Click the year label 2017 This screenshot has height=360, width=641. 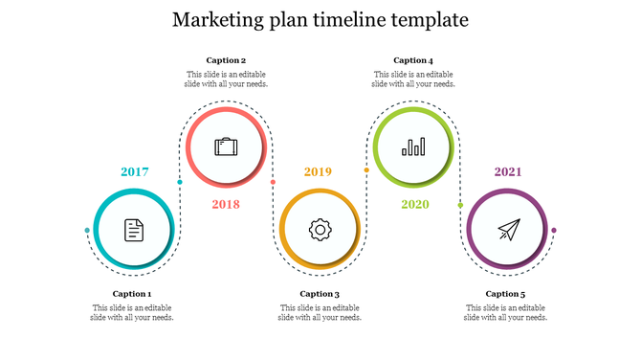coord(134,172)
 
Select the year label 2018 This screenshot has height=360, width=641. coord(226,204)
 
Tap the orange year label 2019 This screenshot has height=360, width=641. coord(318,172)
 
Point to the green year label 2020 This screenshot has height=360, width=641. coord(415,204)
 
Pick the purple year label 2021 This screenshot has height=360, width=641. coord(507,172)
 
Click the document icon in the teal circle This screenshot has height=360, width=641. coord(134,230)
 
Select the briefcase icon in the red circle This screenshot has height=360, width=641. coord(226,147)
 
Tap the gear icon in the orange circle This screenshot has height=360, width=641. coord(319,230)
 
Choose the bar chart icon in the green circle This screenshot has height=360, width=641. coord(413,146)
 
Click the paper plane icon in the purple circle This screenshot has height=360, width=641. coord(507,230)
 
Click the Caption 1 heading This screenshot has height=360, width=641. coord(132,294)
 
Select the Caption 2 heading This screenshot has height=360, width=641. coord(226,60)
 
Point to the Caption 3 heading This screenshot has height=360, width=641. coord(320,294)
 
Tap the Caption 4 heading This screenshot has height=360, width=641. coord(413,60)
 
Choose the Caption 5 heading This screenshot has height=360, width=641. coord(505,294)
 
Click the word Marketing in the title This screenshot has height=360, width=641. coord(218,19)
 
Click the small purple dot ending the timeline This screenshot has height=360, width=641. coord(554,230)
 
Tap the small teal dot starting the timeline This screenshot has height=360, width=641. coord(87,231)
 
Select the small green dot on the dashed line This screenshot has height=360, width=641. coord(460,205)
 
